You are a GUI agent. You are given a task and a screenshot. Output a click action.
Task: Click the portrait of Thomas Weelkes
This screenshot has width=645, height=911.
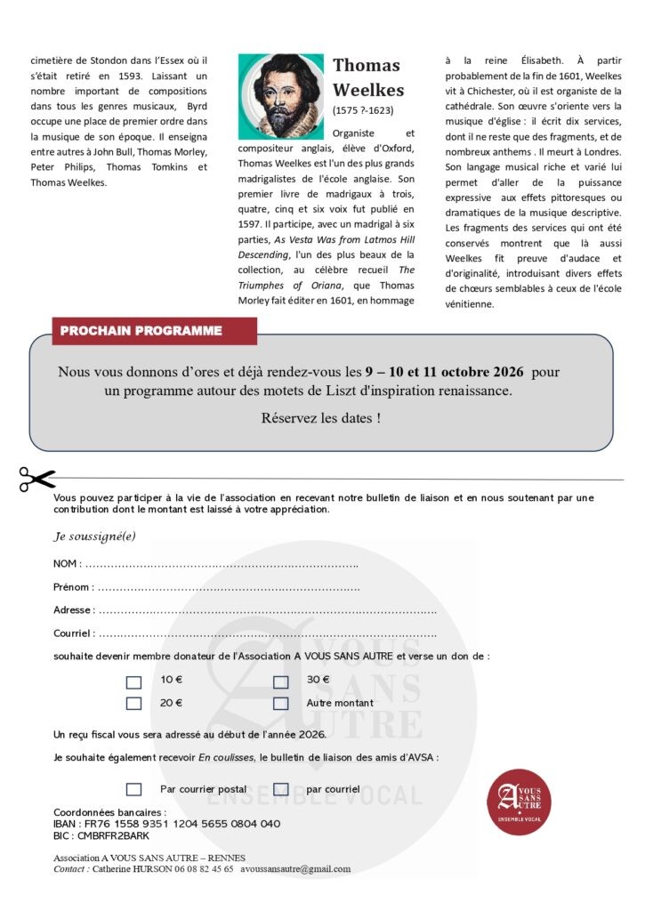click(x=280, y=95)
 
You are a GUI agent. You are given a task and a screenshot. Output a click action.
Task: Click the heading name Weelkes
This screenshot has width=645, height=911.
click(x=367, y=90)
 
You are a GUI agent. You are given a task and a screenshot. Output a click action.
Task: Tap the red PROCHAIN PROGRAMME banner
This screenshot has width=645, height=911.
click(x=141, y=331)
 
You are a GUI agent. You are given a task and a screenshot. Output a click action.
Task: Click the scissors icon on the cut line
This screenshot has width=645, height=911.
click(x=36, y=480)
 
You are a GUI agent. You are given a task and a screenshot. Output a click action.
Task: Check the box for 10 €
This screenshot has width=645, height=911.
click(x=134, y=682)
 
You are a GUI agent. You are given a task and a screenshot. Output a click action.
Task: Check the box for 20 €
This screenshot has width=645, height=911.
click(x=134, y=703)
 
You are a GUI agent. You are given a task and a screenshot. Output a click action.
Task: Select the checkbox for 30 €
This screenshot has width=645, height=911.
click(x=281, y=682)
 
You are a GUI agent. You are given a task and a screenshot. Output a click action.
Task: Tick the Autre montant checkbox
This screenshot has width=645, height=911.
click(x=281, y=703)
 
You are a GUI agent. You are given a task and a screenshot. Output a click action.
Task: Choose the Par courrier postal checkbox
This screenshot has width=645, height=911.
click(x=134, y=789)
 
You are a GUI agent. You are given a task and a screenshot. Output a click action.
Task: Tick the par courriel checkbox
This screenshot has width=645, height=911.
click(x=281, y=789)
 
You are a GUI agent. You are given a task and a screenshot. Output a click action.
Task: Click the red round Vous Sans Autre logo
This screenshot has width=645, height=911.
click(x=519, y=801)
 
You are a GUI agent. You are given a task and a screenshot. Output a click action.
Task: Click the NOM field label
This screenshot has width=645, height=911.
click(x=67, y=564)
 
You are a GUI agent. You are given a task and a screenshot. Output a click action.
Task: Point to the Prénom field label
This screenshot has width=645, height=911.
click(x=72, y=587)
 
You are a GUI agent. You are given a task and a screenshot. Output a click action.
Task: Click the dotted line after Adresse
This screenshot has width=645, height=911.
click(x=267, y=611)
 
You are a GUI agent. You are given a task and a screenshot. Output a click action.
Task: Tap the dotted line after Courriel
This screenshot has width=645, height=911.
click(x=267, y=634)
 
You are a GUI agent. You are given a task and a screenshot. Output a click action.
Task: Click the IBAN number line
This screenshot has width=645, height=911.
click(x=167, y=825)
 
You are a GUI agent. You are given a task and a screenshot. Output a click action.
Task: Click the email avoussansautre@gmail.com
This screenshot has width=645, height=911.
click(x=295, y=869)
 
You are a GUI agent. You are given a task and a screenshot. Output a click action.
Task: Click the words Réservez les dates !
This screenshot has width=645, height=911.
click(x=320, y=417)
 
